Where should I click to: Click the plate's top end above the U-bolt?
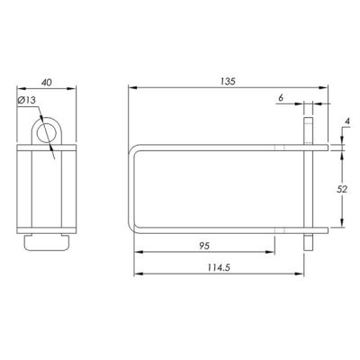[309, 126]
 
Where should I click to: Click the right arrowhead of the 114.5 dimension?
[301, 275]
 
